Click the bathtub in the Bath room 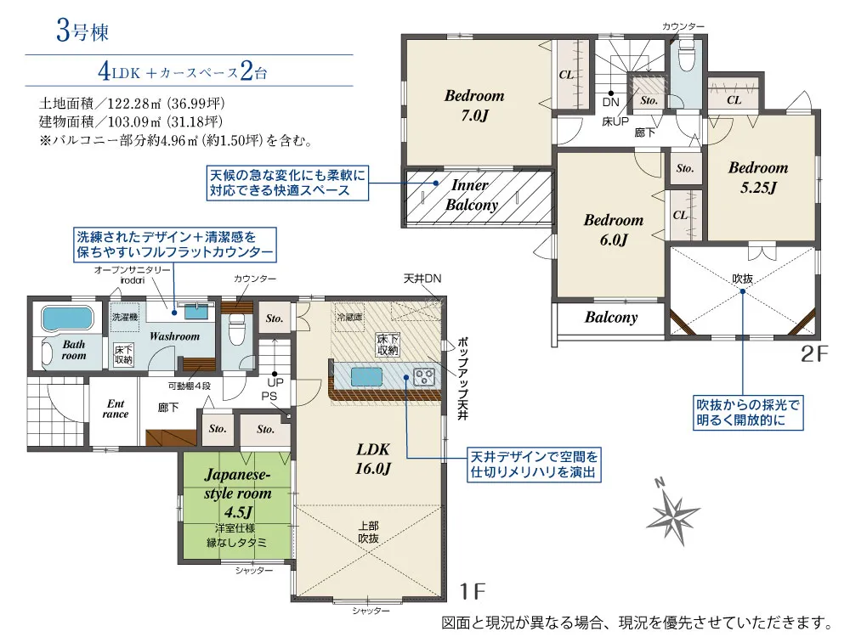pyautogui.click(x=68, y=318)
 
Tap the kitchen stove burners pyautogui.click(x=424, y=376)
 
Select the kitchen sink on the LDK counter pyautogui.click(x=367, y=377)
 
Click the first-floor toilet pyautogui.click(x=237, y=330)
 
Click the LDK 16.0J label pyautogui.click(x=373, y=459)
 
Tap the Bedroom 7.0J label pyautogui.click(x=474, y=105)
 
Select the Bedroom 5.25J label pyautogui.click(x=758, y=178)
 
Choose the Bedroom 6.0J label pyautogui.click(x=613, y=229)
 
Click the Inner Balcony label pyautogui.click(x=471, y=194)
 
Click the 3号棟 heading pyautogui.click(x=82, y=31)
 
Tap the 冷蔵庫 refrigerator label pyautogui.click(x=349, y=317)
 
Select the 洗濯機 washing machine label pyautogui.click(x=125, y=317)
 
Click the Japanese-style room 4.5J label pyautogui.click(x=237, y=493)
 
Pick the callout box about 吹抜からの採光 pyautogui.click(x=747, y=413)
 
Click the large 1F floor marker pyautogui.click(x=472, y=591)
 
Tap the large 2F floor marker pyautogui.click(x=814, y=353)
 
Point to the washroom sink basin pyautogui.click(x=196, y=312)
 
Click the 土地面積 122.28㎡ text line pyautogui.click(x=132, y=103)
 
